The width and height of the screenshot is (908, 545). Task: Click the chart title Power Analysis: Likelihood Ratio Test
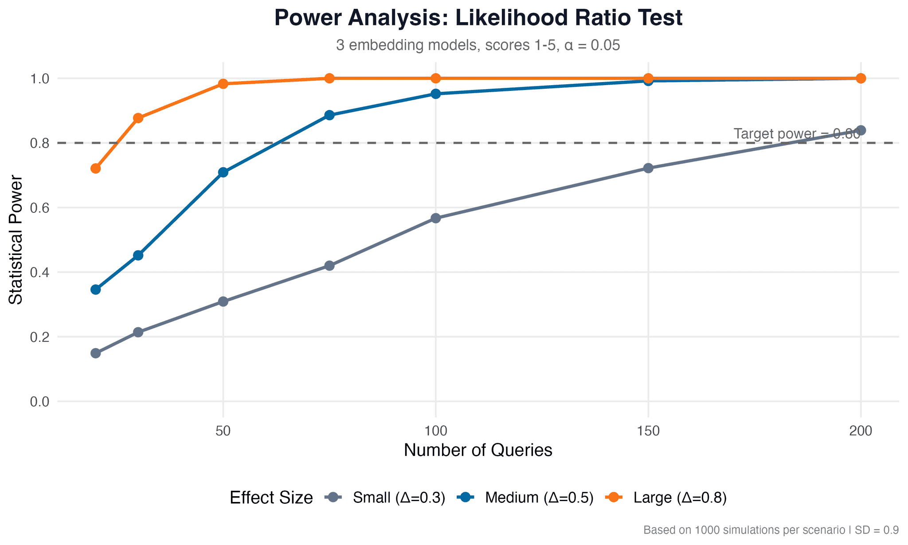coord(478,19)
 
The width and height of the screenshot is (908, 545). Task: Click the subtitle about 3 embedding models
coord(478,46)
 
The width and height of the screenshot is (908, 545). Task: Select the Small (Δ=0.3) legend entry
coord(399,498)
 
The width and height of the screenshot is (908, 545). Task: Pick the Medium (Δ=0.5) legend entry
coord(539,498)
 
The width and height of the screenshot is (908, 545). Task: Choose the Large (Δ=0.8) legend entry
coord(680,498)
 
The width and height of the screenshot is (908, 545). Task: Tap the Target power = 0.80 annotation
coord(796,133)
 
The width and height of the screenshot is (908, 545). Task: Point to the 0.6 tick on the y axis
coord(39,208)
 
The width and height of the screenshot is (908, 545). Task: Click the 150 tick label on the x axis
coord(648,431)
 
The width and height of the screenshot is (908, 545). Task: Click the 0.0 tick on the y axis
coord(39,402)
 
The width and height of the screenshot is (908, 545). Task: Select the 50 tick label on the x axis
coord(223,431)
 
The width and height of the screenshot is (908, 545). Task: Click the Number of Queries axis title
coord(478,450)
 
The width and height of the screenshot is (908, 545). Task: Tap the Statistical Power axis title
coord(16,240)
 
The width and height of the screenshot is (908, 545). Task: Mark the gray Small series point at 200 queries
coord(861,130)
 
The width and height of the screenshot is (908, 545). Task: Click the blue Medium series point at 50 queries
coord(223,172)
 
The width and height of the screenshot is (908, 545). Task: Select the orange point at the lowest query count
coord(95,169)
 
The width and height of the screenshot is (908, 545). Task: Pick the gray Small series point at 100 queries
coord(435,218)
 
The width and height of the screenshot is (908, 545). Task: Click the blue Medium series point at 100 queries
coord(435,94)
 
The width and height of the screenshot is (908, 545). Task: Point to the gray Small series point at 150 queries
coord(648,168)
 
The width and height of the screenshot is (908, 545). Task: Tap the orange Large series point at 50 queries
coord(223,84)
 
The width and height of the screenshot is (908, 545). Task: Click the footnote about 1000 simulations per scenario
coord(771,530)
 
